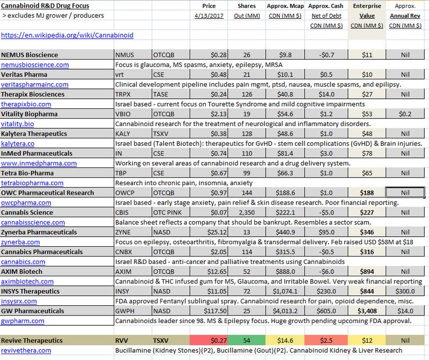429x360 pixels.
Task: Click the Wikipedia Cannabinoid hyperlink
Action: [x=68, y=35]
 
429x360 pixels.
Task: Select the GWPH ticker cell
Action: [x=133, y=311]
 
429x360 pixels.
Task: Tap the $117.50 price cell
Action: [x=209, y=311]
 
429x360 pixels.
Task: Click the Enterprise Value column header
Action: [x=367, y=11]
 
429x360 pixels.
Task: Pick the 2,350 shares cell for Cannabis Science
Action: [x=247, y=212]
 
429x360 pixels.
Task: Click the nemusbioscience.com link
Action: [x=35, y=65]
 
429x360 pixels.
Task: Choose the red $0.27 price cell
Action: [x=209, y=340]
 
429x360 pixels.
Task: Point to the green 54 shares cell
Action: [x=247, y=340]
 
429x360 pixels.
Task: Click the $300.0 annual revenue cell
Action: [x=405, y=291]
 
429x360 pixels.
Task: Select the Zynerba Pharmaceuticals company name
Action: [x=39, y=232]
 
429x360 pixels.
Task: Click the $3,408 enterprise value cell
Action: [x=367, y=311]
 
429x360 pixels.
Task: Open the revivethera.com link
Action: [x=26, y=350]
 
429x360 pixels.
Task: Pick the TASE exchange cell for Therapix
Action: [x=171, y=94]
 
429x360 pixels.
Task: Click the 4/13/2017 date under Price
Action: [x=209, y=16]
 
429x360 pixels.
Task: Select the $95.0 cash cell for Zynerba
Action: [x=327, y=232]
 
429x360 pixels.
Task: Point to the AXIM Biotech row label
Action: [x=21, y=271]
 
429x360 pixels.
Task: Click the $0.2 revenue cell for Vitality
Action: [x=405, y=114]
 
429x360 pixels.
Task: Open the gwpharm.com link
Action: [x=23, y=321]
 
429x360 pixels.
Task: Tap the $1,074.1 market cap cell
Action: [x=285, y=291]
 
